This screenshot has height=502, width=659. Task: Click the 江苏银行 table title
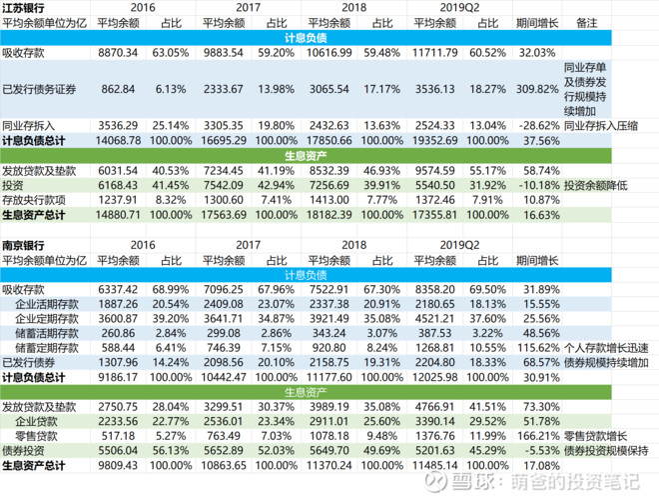point(23,8)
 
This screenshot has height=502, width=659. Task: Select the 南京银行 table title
point(23,245)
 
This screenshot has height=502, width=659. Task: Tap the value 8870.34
point(118,53)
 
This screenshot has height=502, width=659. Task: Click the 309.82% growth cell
point(537,89)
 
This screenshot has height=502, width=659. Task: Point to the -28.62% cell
point(539,126)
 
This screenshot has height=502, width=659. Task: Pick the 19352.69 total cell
point(435,141)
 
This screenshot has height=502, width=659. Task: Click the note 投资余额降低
point(595,186)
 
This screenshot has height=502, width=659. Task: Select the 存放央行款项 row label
point(34,200)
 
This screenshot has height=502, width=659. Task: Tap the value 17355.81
point(435,215)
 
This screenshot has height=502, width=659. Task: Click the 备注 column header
point(587,23)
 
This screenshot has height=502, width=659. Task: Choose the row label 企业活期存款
point(47,304)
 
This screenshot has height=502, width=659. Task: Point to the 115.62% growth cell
point(538,348)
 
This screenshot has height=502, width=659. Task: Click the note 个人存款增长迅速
point(606,348)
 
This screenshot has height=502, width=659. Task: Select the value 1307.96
point(118,363)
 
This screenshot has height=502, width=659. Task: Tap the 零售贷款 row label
point(36,436)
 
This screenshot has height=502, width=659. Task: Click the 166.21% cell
point(538,436)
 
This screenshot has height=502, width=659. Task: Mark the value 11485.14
point(435,466)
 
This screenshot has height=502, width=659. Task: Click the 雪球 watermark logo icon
point(435,481)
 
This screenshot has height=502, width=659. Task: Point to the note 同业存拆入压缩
point(601,126)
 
